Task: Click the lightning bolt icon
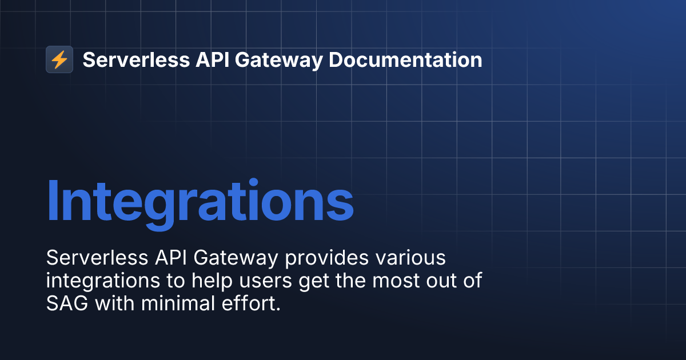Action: [x=59, y=59]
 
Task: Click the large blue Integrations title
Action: [x=200, y=201]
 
